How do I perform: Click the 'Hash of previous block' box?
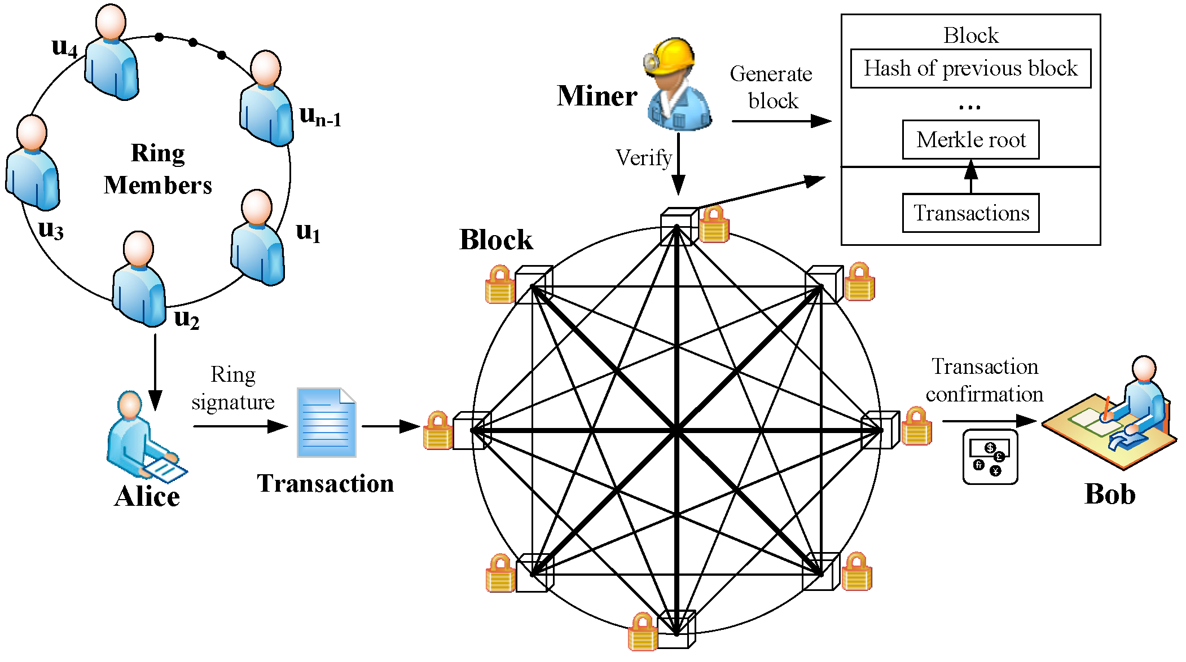tap(970, 68)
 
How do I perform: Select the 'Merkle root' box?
tap(970, 139)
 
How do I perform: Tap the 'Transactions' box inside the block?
tap(970, 213)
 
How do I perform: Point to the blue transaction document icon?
tap(326, 422)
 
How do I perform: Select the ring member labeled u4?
tap(112, 52)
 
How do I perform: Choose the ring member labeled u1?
tap(257, 237)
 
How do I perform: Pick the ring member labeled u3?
tap(33, 163)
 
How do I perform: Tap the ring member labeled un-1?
tap(266, 98)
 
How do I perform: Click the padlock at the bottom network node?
tap(643, 632)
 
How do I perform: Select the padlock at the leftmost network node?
tap(438, 430)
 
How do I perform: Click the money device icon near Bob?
tap(990, 457)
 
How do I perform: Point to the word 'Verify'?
tap(644, 158)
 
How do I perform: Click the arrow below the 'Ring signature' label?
tap(240, 426)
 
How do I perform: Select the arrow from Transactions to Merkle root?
tap(970, 176)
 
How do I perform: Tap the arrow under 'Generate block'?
tap(781, 121)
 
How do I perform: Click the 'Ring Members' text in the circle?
tap(158, 169)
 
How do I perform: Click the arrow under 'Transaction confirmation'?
tap(990, 421)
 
